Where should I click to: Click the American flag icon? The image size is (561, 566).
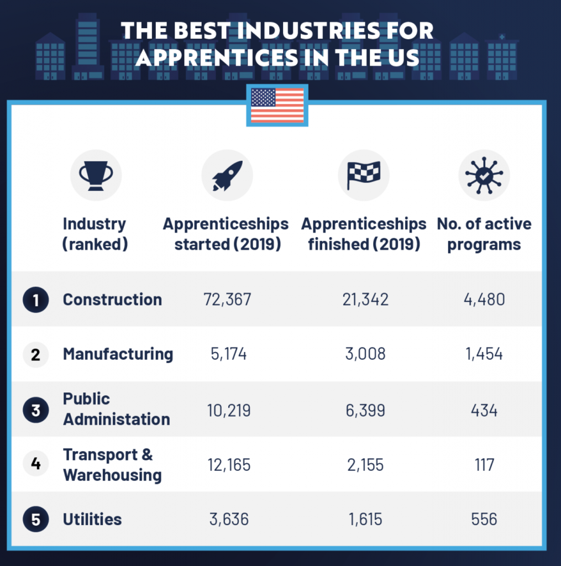277,105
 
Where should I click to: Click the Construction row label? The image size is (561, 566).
112,300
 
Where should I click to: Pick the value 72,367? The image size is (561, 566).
227,300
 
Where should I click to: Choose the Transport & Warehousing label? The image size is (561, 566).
112,465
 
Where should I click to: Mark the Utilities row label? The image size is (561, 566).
92,520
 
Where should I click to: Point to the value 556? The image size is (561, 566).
484,520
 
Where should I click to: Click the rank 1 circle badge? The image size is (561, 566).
36,300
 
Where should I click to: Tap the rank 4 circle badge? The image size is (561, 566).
36,464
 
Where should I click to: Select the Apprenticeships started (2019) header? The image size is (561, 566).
226,234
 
